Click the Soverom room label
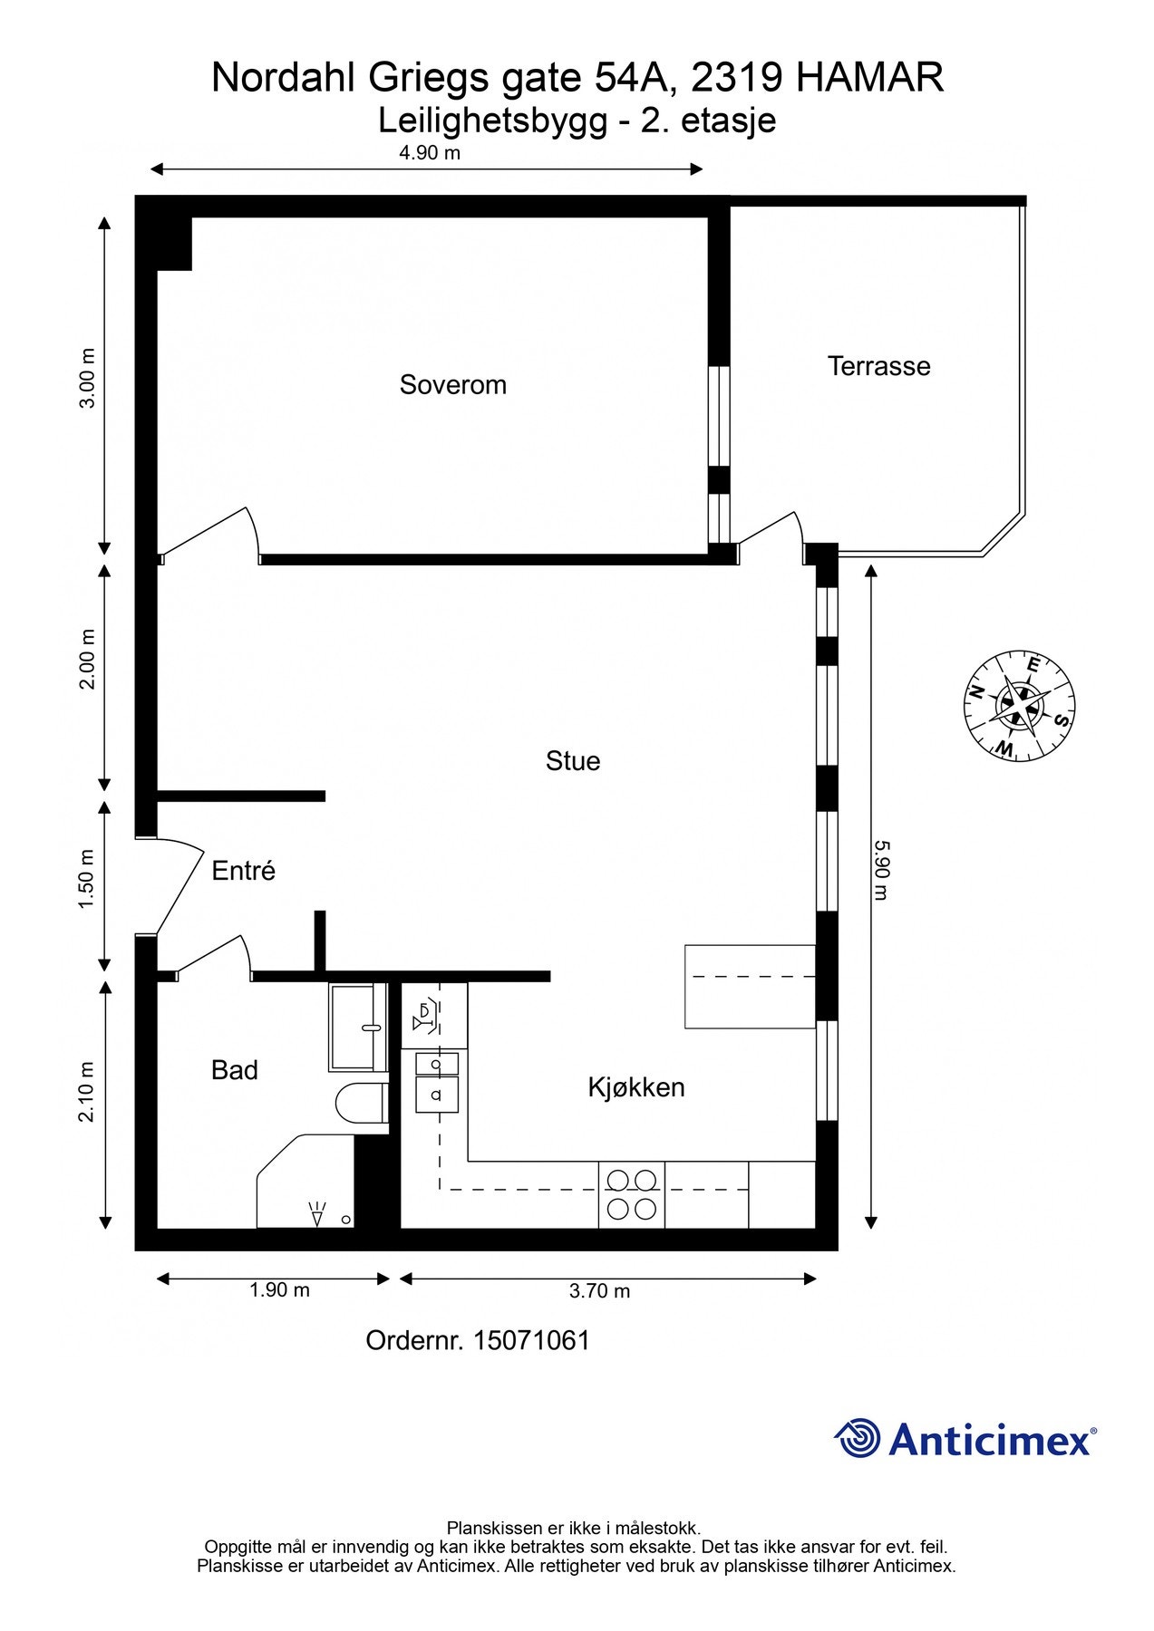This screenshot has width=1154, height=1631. click(452, 385)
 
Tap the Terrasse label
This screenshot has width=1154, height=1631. click(878, 366)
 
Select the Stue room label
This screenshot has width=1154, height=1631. click(572, 761)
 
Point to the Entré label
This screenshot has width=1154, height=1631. click(243, 871)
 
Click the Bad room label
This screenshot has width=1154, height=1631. click(234, 1070)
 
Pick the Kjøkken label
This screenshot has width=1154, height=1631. click(635, 1087)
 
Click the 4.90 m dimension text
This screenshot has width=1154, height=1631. click(430, 152)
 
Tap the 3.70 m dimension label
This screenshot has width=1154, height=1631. click(599, 1291)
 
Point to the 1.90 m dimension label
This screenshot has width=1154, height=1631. click(279, 1289)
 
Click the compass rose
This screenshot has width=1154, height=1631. click(1019, 705)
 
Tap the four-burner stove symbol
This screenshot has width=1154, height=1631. click(632, 1194)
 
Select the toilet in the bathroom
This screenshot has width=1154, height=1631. click(361, 1105)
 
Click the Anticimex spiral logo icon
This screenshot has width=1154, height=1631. click(858, 1438)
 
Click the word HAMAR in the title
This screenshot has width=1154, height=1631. click(869, 78)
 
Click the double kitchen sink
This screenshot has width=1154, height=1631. click(436, 1081)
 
